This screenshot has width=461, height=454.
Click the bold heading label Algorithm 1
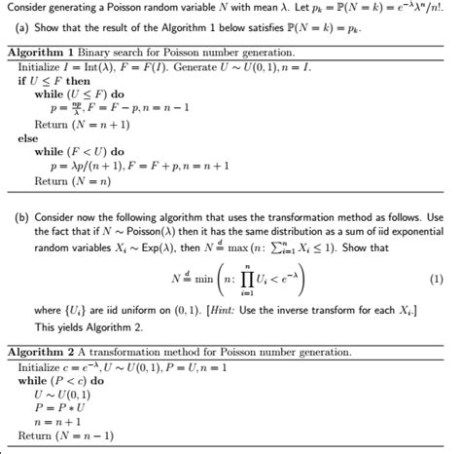tap(38, 51)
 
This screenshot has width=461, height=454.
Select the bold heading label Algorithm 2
tap(38, 351)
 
